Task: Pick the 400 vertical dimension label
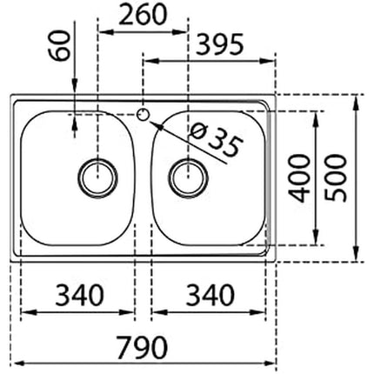[301, 177]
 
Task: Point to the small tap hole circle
[143, 112]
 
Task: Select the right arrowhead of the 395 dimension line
[271, 61]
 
